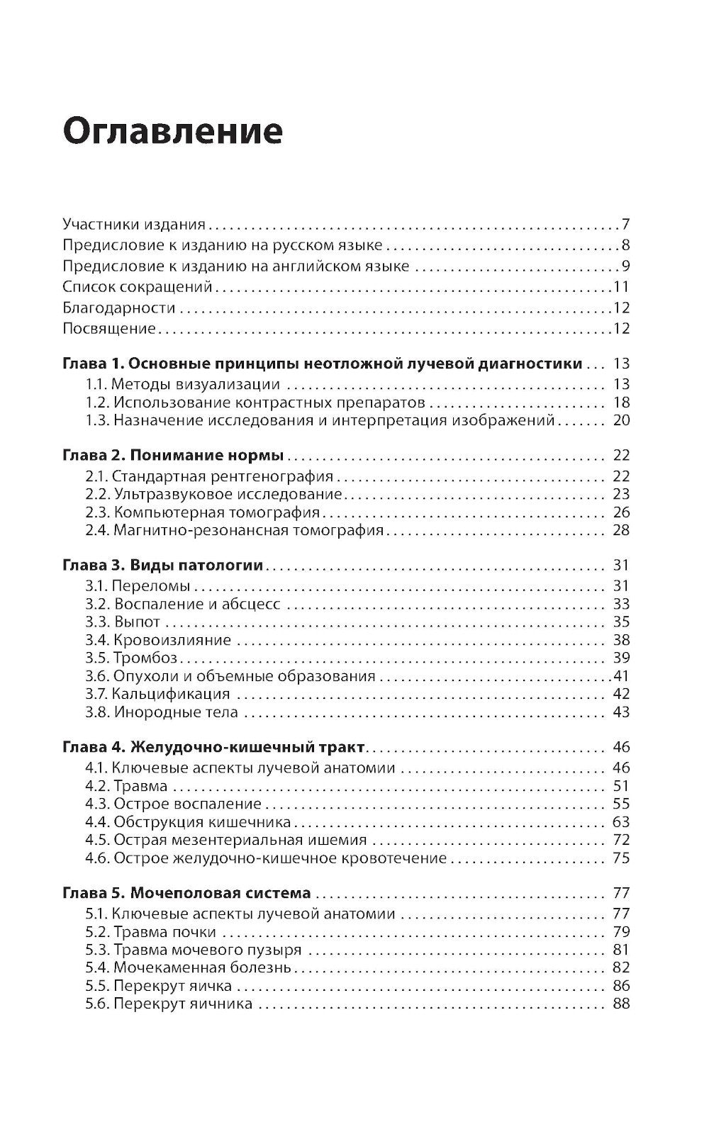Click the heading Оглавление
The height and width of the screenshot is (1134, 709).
[x=173, y=132]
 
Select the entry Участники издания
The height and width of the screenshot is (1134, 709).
[x=133, y=225]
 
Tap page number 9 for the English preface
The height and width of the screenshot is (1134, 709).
[x=626, y=266]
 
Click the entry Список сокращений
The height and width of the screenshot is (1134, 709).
[x=138, y=287]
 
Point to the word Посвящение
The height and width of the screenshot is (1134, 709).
[x=108, y=328]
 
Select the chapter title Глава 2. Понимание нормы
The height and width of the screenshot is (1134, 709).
[x=173, y=455]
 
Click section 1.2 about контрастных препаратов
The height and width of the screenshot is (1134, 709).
[x=255, y=403]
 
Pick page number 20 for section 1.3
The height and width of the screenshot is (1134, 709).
[x=621, y=420]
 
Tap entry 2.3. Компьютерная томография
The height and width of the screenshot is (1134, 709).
[x=203, y=512]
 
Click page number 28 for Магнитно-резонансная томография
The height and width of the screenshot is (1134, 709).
[x=621, y=530]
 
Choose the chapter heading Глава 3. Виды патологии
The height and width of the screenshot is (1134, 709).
[x=163, y=566]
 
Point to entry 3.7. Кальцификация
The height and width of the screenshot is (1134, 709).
[x=157, y=694]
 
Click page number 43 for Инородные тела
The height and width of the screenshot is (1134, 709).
[x=621, y=712]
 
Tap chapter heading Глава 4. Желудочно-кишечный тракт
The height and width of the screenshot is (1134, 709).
[x=214, y=747]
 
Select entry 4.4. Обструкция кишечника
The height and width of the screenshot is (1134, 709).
[x=188, y=822]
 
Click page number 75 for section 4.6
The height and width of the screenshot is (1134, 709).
[x=621, y=858]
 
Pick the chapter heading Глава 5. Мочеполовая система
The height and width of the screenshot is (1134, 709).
[x=186, y=893]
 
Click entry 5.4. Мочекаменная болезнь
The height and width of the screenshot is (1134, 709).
[x=188, y=967]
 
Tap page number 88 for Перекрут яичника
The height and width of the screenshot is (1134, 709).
[x=621, y=1004]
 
